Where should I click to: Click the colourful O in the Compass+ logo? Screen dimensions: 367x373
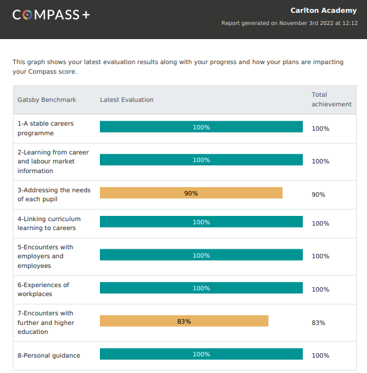(x=28, y=15)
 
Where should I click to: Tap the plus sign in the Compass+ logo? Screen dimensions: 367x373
(x=86, y=15)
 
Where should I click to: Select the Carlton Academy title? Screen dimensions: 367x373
(x=323, y=10)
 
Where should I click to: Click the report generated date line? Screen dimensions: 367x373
(x=290, y=23)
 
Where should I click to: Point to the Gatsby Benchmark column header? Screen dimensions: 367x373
(x=47, y=100)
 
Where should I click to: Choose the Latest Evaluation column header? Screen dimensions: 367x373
(x=127, y=100)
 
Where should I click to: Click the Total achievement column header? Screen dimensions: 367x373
(x=332, y=99)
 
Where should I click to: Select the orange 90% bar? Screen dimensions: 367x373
(x=191, y=193)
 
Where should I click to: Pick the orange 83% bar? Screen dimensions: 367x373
(x=184, y=321)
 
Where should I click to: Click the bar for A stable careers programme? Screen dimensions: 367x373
(x=201, y=127)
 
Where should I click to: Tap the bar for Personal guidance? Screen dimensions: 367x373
(x=201, y=354)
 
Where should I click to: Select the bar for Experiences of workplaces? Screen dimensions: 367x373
(x=201, y=288)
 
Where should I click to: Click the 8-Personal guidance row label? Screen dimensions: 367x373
(x=49, y=356)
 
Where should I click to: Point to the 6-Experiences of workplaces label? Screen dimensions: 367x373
(x=44, y=289)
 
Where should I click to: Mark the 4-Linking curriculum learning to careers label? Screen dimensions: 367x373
(x=49, y=224)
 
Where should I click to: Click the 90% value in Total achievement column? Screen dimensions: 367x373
(x=318, y=195)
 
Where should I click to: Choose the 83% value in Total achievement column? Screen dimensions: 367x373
(x=318, y=323)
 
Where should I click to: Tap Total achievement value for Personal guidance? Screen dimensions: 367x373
(x=320, y=356)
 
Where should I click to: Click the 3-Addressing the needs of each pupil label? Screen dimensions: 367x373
(x=54, y=195)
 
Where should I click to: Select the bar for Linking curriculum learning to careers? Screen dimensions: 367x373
(x=201, y=222)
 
